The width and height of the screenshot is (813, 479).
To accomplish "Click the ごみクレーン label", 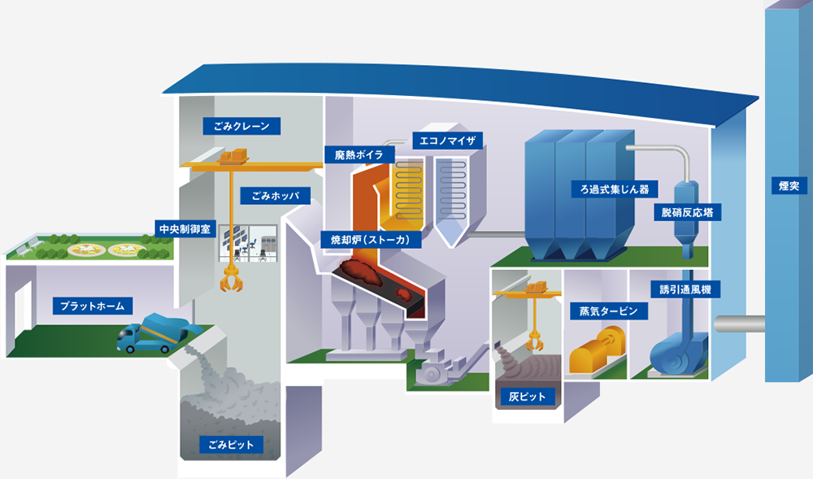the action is pos(241,126).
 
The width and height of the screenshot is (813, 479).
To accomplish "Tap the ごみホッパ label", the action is pos(276,195).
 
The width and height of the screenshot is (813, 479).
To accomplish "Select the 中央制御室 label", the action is pos(185,229).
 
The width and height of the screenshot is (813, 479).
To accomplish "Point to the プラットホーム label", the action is pos(93,306).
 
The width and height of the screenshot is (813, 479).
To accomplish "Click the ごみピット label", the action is pos(231,444).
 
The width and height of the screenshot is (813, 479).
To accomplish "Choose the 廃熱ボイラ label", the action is pos(359,155).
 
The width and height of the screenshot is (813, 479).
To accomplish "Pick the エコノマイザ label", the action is pos(447,141).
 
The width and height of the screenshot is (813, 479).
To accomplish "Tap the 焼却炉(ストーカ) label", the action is pos(370,239).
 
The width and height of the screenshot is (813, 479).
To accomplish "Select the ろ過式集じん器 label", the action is pos(615,189).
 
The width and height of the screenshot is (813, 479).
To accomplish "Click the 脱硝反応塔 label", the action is pos(687,212).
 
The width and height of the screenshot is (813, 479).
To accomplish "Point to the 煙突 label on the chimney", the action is pos(789,185).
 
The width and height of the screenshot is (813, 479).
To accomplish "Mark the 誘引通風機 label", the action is pos(685,290).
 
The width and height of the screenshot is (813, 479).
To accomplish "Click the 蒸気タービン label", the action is pos(608,311).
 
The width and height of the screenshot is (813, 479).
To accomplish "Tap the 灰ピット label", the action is pos(527,397).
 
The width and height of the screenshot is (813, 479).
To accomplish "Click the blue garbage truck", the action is pos(153,333).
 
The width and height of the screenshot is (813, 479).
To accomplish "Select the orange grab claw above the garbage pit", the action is pos(231,281).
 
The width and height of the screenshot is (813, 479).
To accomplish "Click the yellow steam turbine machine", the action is pos(596,351).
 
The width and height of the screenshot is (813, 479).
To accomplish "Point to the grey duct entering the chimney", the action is pos(739,324).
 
